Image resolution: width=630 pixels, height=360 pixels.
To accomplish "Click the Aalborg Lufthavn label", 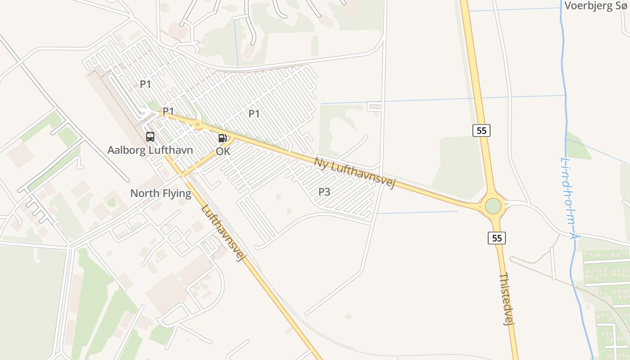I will [150, 150].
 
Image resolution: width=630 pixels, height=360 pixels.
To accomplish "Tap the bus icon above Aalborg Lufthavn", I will [150, 137].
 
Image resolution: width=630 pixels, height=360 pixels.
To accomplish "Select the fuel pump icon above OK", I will [223, 138].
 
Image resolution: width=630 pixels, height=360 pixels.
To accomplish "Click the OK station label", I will [223, 152].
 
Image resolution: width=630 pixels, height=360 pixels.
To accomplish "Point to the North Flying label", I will [161, 193].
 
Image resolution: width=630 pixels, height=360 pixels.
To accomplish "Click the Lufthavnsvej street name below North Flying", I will [223, 233].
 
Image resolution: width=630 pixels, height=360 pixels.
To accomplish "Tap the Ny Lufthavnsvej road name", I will [354, 173].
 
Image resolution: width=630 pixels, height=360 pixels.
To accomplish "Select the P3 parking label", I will [324, 192].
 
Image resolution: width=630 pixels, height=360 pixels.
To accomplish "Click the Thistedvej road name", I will [507, 298].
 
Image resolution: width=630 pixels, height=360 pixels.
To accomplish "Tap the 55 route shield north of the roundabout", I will [481, 130].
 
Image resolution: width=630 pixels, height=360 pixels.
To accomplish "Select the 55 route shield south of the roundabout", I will [497, 238].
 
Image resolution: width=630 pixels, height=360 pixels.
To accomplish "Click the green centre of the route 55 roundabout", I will [493, 206].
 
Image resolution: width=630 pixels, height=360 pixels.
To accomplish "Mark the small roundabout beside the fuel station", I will [197, 124].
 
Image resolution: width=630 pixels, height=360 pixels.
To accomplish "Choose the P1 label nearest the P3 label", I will [254, 114].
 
